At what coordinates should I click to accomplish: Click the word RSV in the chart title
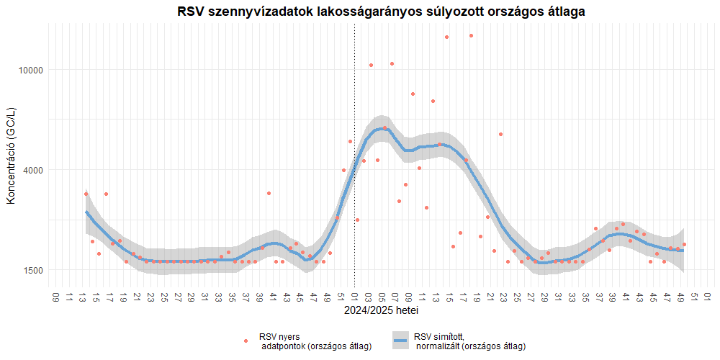192,12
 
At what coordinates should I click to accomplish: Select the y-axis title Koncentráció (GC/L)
11,156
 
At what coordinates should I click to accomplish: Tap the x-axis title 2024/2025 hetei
381,311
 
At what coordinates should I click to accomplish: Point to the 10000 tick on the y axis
31,70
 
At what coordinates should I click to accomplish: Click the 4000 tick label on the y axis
33,170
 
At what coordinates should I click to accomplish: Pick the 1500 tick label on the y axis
33,270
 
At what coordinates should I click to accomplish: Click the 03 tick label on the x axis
368,297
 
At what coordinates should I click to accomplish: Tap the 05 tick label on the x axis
382,297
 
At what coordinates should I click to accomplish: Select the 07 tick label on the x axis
395,297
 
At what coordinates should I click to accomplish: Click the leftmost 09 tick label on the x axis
56,297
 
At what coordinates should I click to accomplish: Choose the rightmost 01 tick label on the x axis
708,297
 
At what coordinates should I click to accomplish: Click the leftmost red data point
86,194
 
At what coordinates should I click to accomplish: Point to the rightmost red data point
684,245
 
